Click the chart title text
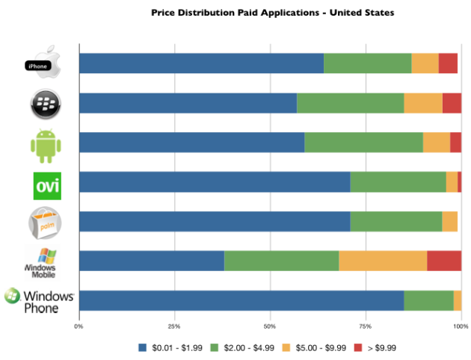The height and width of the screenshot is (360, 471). (272, 13)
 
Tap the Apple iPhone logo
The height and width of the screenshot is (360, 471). (43, 63)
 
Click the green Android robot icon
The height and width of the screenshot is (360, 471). (44, 143)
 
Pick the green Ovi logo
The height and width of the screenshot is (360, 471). (46, 183)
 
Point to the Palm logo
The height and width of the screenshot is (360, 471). (44, 222)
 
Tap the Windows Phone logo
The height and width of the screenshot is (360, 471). (40, 300)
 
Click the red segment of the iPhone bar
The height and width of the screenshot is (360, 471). (448, 63)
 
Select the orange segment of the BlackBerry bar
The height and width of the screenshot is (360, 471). (423, 103)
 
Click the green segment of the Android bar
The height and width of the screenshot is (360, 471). (363, 143)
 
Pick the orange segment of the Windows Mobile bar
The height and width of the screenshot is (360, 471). (383, 261)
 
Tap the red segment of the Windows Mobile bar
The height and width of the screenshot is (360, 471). (444, 261)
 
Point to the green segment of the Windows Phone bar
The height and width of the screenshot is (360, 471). (428, 300)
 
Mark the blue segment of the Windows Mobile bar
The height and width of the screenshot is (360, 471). (151, 261)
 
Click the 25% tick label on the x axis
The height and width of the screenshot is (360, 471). (174, 325)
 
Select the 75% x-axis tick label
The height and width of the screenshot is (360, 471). (366, 325)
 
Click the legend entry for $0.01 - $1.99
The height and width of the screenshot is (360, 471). (170, 347)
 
